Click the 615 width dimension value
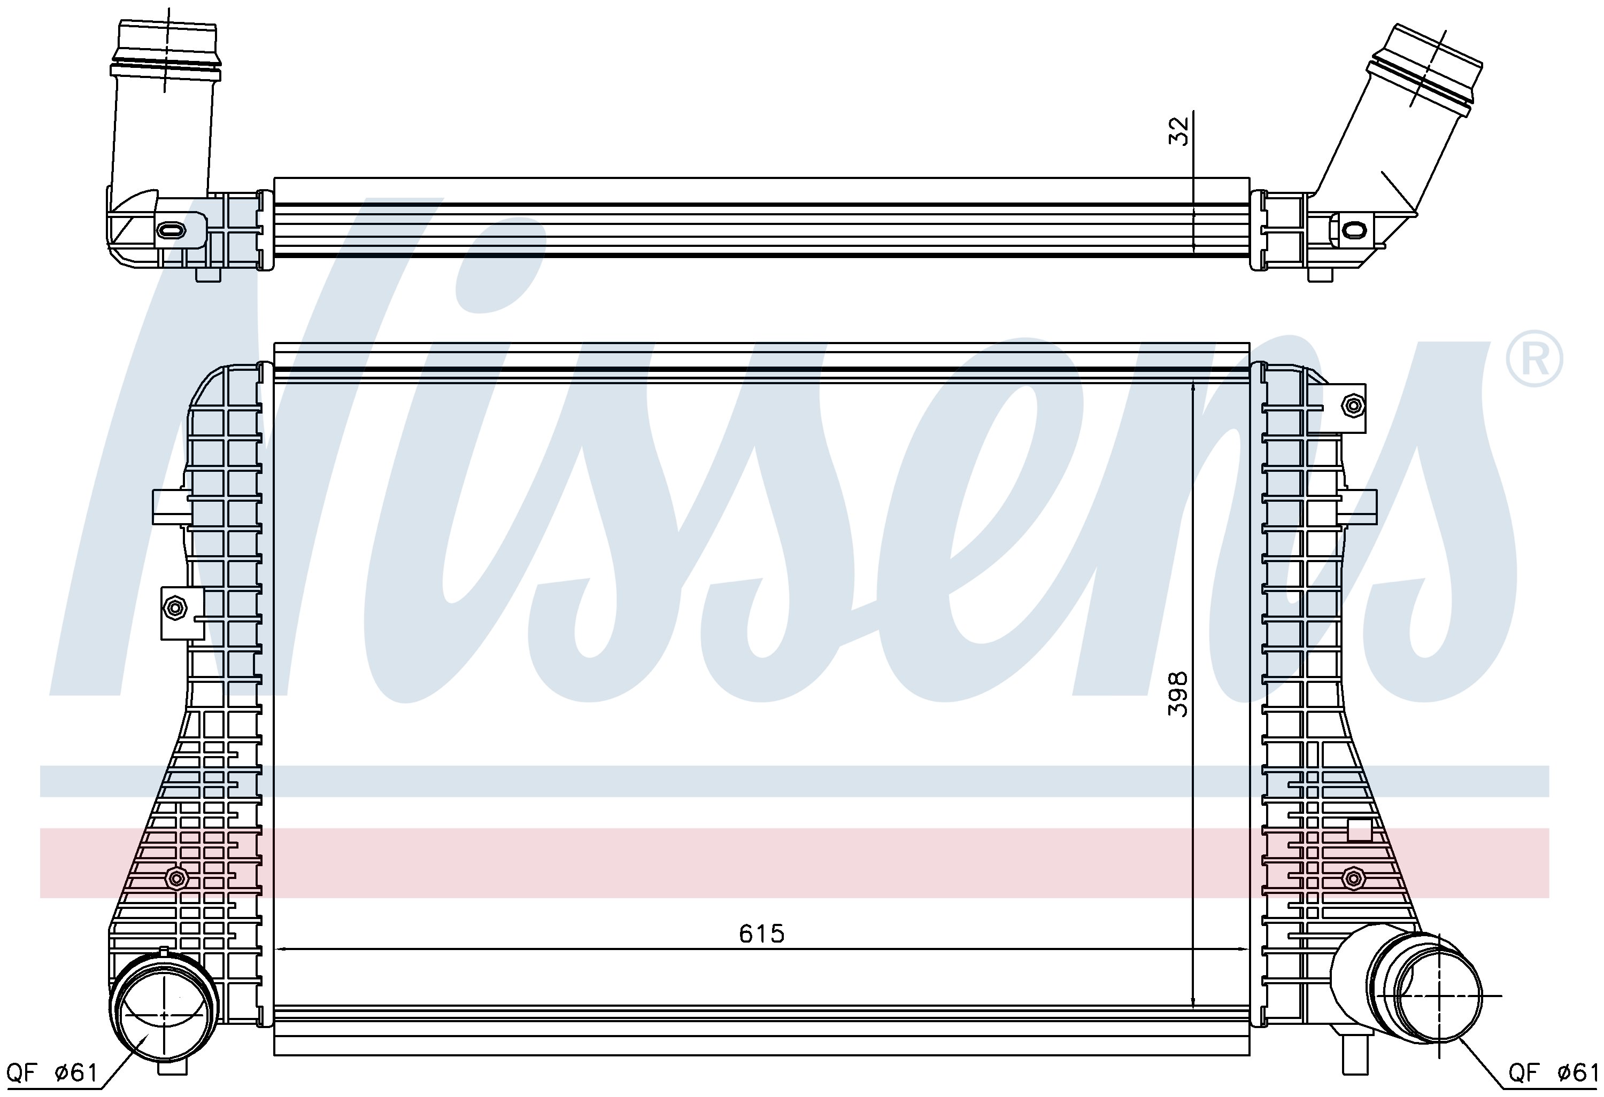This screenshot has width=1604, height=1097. pyautogui.click(x=762, y=934)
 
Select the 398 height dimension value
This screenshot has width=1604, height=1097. pyautogui.click(x=1178, y=694)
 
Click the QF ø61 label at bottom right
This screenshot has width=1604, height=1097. pyautogui.click(x=1552, y=1072)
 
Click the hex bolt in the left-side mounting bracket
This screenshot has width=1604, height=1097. pyautogui.click(x=175, y=607)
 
